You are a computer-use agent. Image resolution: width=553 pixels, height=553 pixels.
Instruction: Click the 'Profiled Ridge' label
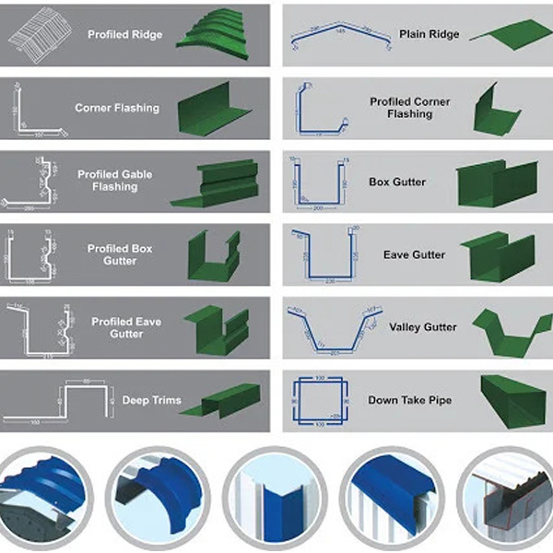125,34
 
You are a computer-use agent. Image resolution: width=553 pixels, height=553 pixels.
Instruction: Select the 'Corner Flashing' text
117,108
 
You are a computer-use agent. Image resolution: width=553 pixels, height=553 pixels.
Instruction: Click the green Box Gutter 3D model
496,183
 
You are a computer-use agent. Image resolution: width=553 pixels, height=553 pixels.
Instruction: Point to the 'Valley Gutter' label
423,327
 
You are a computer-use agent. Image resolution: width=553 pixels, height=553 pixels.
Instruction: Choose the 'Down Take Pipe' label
410,400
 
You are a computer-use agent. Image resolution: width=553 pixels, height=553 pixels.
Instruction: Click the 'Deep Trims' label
151,401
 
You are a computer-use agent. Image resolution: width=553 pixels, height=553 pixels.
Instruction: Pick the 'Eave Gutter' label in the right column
414,254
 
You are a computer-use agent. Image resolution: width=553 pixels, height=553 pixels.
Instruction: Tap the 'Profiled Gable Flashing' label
115,181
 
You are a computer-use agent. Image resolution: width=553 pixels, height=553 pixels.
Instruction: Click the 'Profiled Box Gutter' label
120,254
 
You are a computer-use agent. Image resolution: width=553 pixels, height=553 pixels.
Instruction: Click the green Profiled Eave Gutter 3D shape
217,326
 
